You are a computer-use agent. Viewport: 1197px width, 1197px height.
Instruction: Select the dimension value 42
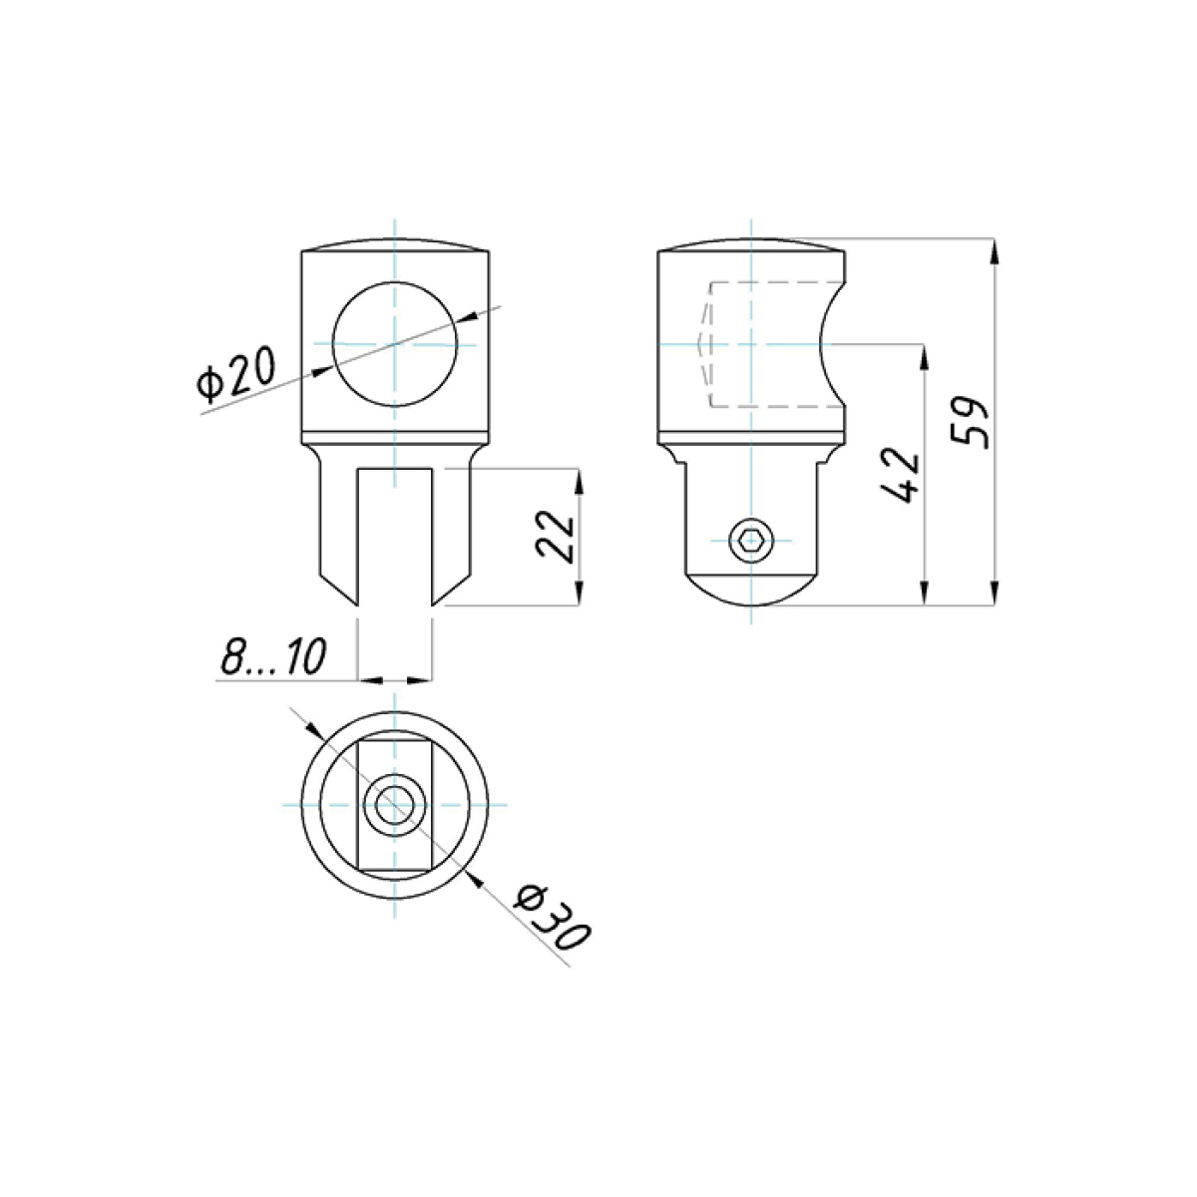coord(900,474)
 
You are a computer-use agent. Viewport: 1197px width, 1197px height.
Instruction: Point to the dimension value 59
coord(970,422)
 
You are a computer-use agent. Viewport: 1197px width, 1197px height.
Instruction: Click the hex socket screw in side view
coord(752,540)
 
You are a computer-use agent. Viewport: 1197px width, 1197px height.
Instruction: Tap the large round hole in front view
coord(395,344)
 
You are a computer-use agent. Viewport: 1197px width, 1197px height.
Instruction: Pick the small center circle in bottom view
coord(394,805)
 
